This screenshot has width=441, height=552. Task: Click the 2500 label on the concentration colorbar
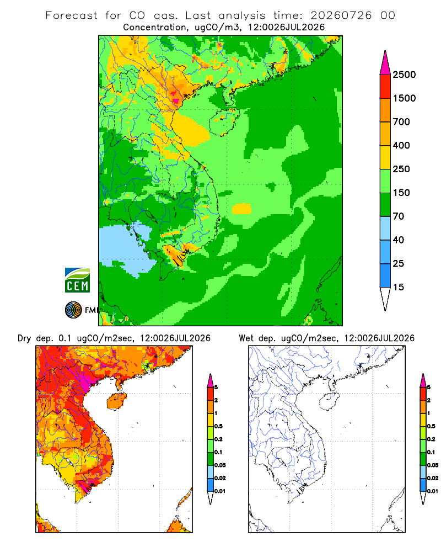point(404,75)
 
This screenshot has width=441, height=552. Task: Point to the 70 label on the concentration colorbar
point(399,216)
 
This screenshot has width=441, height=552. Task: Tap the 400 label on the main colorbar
point(401,145)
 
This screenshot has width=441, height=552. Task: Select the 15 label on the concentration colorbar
point(399,287)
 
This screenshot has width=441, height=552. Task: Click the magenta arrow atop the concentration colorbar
point(385,63)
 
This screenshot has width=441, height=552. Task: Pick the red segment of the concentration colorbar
point(385,87)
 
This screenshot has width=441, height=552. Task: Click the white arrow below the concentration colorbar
point(385,298)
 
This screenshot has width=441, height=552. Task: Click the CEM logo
point(77,280)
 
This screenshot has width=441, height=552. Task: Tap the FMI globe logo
point(73,310)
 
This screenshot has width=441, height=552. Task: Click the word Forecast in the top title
point(72,15)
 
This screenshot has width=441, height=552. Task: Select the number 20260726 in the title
point(341,15)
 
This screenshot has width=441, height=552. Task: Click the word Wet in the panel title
point(246,338)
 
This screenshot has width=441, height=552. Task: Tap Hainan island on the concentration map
point(224,122)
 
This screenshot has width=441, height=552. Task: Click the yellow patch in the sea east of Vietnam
point(241,209)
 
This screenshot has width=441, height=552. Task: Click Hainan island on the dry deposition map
point(116,401)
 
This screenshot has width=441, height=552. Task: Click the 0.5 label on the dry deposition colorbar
point(218,426)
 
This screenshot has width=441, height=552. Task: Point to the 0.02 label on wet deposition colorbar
point(433,478)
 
